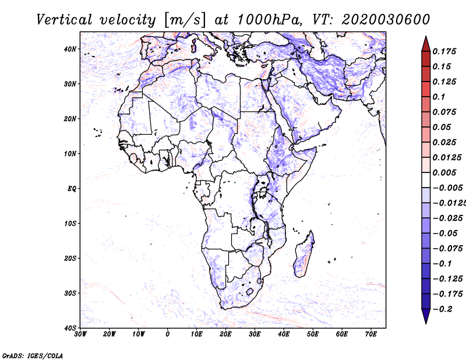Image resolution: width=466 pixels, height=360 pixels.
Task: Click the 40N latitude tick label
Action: (70, 49)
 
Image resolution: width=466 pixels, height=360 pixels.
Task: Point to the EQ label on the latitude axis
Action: (71, 189)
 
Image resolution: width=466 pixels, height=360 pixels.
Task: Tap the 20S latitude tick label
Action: (70, 258)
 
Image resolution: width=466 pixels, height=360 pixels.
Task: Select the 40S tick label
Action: (70, 328)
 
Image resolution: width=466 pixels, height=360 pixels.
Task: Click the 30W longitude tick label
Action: (80, 334)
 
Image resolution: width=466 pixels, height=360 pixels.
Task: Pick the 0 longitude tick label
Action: (168, 334)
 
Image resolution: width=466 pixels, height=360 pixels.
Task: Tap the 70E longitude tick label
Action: (371, 334)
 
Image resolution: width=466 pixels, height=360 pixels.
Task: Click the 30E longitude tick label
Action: (255, 334)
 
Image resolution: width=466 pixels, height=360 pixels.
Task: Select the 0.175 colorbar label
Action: (444, 51)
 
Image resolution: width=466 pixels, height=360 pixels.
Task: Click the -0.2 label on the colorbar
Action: (443, 309)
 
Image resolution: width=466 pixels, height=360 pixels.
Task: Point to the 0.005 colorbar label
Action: (444, 172)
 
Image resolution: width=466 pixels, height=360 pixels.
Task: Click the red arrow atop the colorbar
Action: (426, 43)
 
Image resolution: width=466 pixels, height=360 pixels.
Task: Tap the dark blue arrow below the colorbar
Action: (426, 316)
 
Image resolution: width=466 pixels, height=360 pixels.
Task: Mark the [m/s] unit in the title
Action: (185, 20)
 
